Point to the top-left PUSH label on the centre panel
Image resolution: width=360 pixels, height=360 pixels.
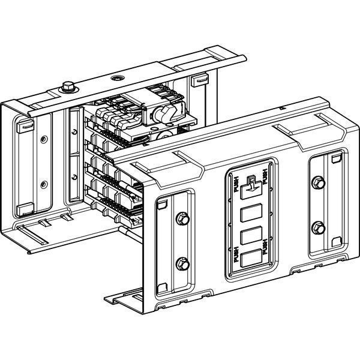pos(233,184)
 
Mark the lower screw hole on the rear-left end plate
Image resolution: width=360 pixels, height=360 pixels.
pos(44,184)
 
